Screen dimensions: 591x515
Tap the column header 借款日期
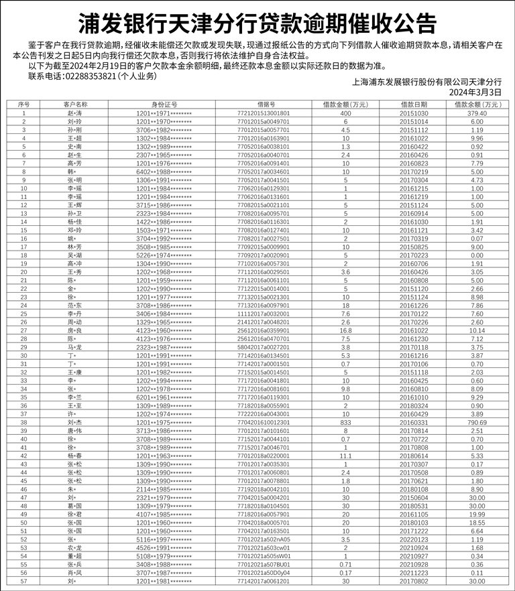[414, 105]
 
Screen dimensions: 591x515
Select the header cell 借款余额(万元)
[477, 105]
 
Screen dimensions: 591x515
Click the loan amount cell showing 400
[345, 113]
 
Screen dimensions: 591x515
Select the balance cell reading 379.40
[477, 113]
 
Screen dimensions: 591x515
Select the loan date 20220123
[414, 539]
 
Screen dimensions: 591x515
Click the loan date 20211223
[414, 573]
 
